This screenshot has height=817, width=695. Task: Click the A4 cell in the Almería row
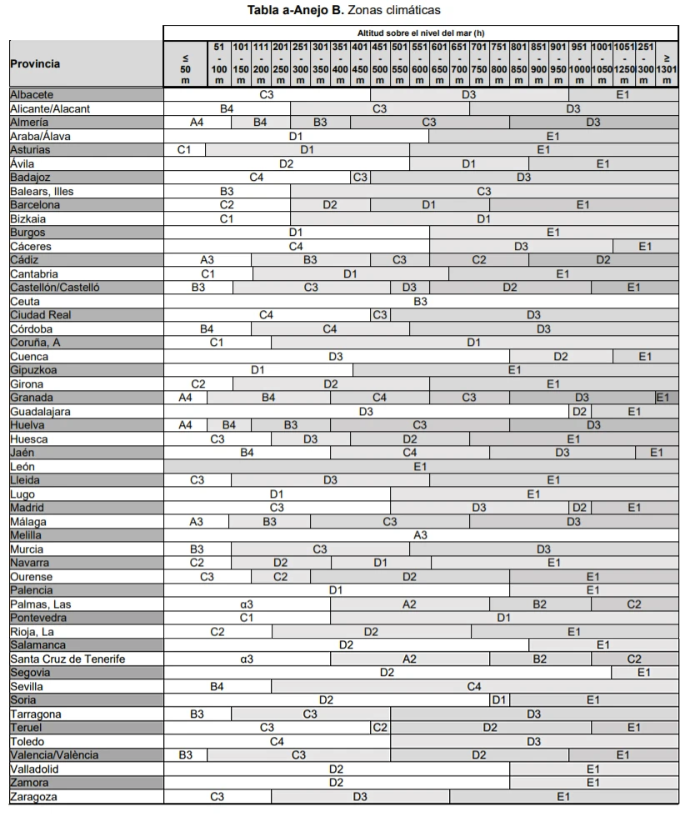[197, 122]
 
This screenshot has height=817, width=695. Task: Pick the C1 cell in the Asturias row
[185, 149]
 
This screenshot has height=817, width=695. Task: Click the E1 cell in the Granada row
[662, 398]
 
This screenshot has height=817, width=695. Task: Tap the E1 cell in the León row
[421, 466]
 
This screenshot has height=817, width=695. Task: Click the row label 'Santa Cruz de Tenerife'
[67, 659]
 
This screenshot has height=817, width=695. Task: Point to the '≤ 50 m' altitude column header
[185, 63]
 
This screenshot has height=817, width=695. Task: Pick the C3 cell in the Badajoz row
[360, 177]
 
